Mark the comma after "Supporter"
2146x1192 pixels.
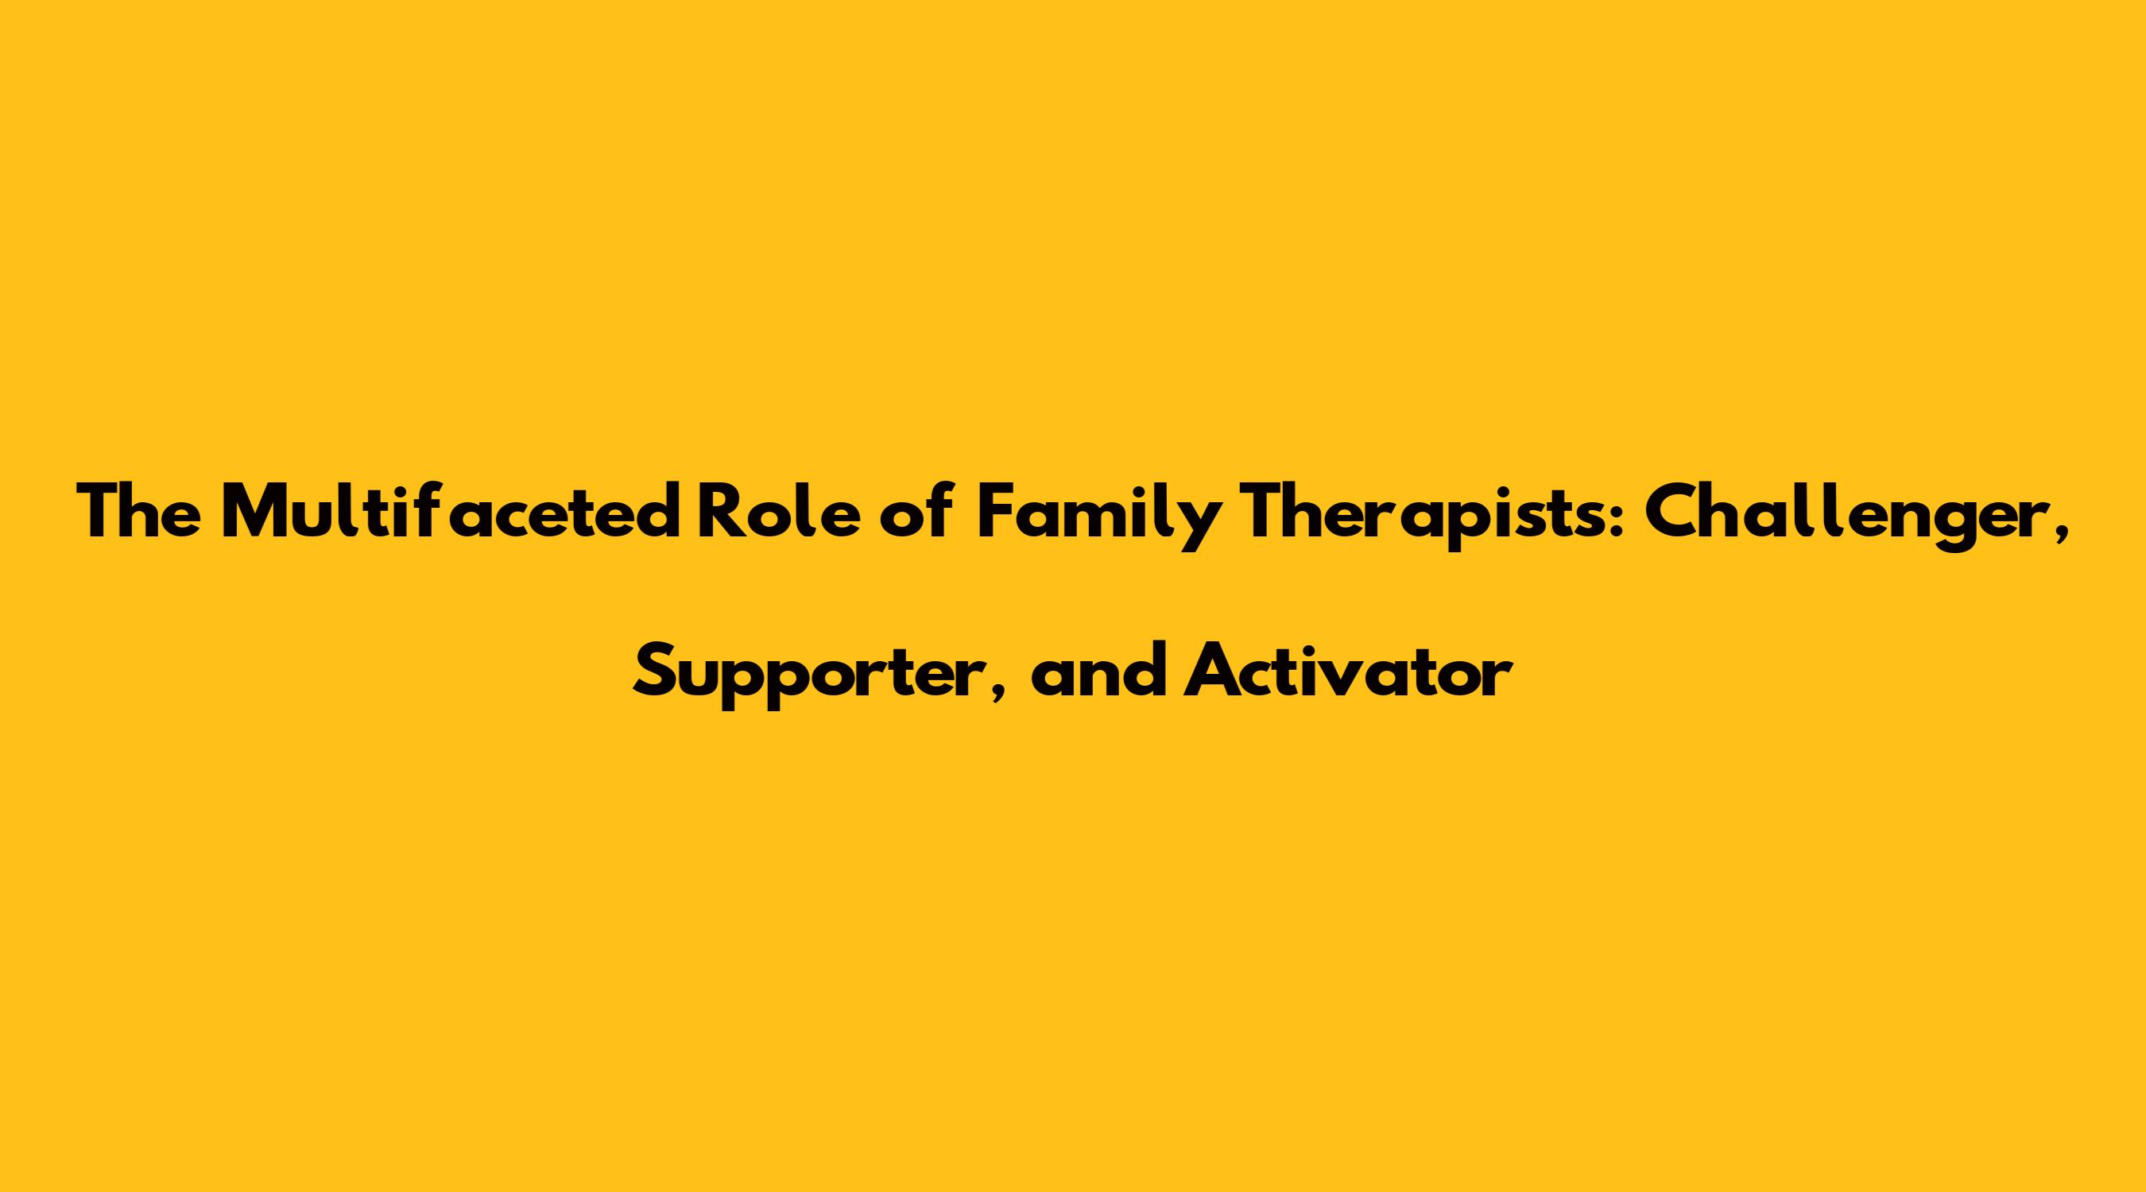click(996, 691)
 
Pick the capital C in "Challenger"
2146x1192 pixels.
click(1674, 513)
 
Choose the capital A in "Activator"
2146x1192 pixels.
click(1211, 670)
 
